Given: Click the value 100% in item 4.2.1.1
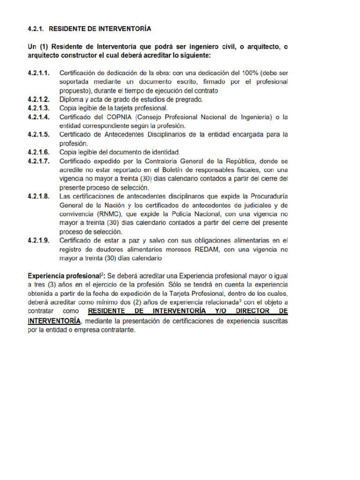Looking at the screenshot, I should click(x=250, y=73).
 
